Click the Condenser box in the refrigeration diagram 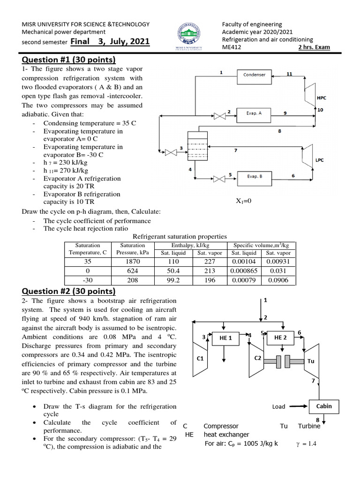click(x=255, y=75)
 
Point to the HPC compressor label click(x=322, y=98)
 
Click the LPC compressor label click(x=320, y=160)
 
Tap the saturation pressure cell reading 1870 click(x=133, y=262)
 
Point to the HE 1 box click(x=226, y=338)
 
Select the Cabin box click(x=324, y=406)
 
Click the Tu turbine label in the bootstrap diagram click(x=311, y=361)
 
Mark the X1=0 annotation click(x=244, y=201)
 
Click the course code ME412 click(x=232, y=47)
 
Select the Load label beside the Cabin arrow click(x=279, y=406)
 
